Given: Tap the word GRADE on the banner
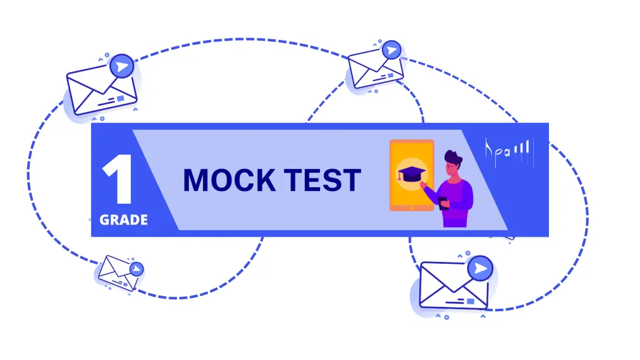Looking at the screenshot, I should (x=124, y=220).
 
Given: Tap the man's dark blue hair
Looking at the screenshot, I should (x=454, y=157).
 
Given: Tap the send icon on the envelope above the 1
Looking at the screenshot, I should (x=121, y=66).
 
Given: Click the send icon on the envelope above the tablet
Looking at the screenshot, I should (x=392, y=50).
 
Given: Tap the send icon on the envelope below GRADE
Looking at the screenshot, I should (x=135, y=269).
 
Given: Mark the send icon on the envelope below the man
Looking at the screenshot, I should (x=482, y=269).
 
